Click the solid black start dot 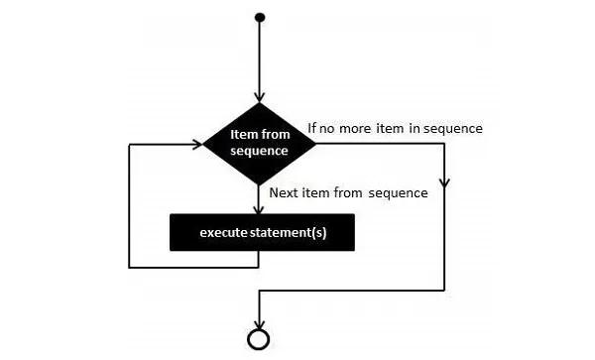[x=259, y=17]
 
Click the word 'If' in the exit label [x=311, y=128]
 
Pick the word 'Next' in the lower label [x=284, y=192]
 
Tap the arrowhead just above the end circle [x=259, y=322]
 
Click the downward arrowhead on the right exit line [x=445, y=184]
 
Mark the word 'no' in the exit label [x=330, y=128]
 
